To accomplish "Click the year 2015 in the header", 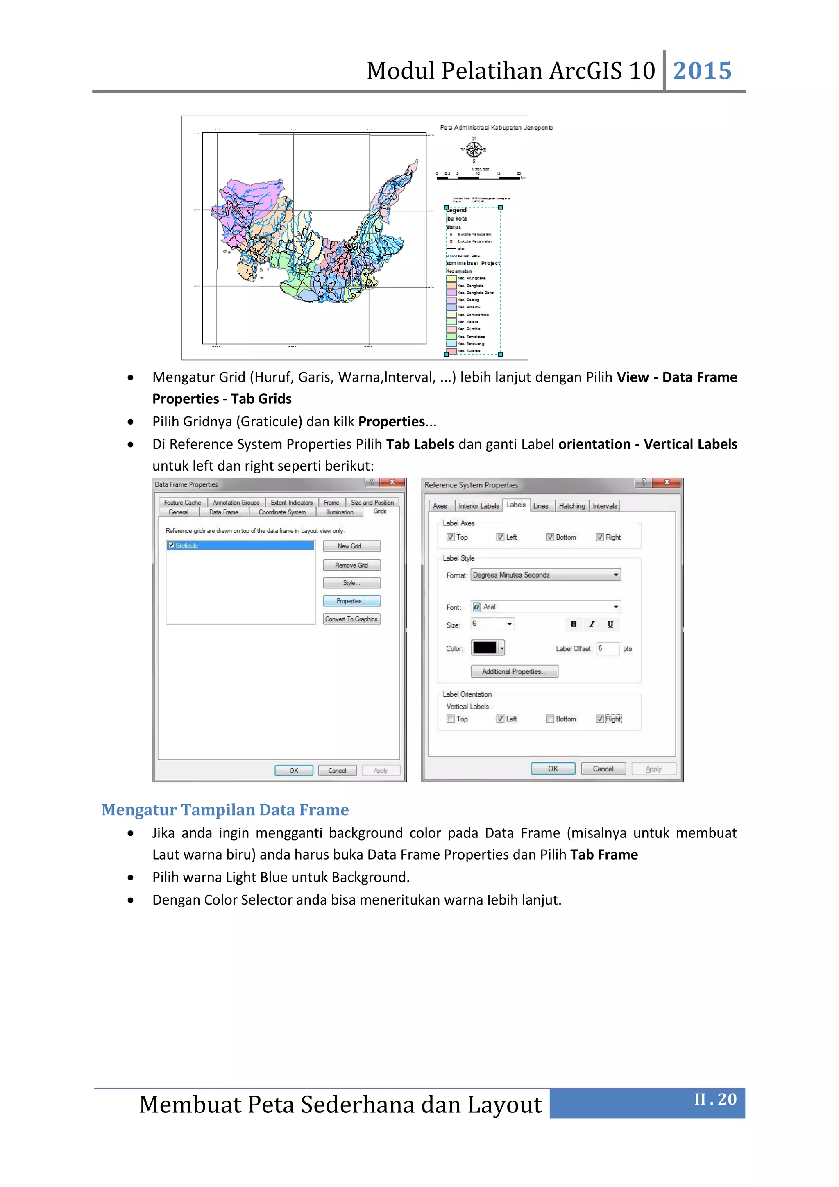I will (702, 71).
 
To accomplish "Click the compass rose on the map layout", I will (474, 150).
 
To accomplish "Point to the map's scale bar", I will (479, 177).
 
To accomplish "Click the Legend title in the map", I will (457, 210).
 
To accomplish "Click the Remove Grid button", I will (351, 565).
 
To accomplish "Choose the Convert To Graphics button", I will (351, 619).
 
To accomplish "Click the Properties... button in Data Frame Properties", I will (351, 601).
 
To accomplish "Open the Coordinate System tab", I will (282, 512).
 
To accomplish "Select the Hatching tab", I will (572, 506).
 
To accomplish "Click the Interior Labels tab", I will (478, 506).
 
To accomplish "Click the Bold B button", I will (574, 624).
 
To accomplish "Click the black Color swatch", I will (485, 648).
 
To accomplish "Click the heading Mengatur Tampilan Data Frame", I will (225, 810).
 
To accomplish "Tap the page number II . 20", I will (715, 1099).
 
